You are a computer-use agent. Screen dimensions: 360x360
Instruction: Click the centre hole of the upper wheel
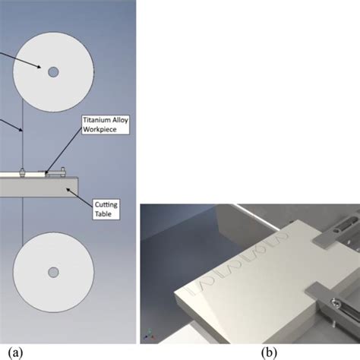click(x=52, y=72)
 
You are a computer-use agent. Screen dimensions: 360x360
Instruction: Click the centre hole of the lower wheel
click(x=52, y=272)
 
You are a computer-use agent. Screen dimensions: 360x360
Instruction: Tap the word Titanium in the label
click(x=99, y=120)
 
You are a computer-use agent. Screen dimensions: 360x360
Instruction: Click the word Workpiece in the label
click(x=102, y=129)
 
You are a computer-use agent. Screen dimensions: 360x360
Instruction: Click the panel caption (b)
click(x=268, y=352)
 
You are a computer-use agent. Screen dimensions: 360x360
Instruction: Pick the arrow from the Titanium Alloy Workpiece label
click(x=65, y=153)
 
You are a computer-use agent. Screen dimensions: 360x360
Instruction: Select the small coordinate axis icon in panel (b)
click(x=150, y=337)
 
